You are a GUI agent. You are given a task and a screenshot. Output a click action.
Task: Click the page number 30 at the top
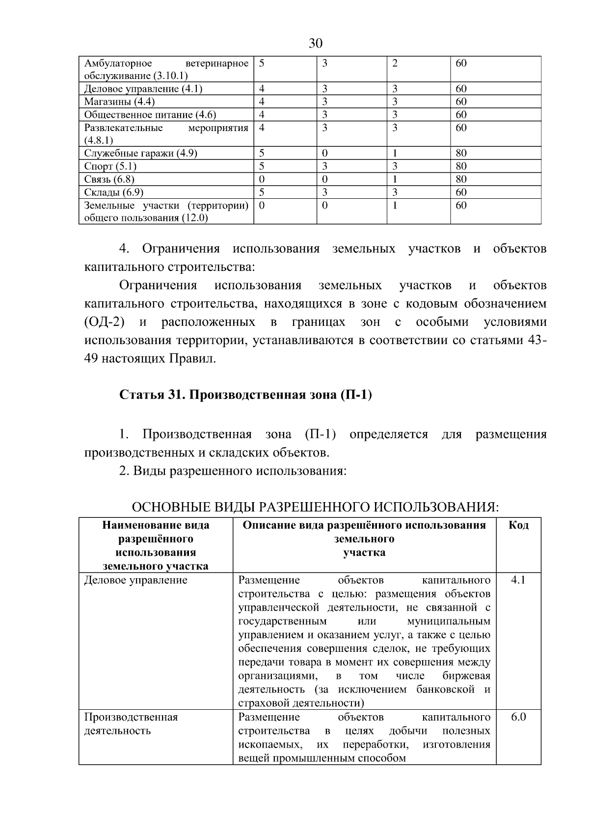(315, 44)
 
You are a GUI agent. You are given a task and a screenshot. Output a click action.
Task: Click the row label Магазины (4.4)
(119, 102)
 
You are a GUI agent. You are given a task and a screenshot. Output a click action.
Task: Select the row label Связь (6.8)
(109, 179)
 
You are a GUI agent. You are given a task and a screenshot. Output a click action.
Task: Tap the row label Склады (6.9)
(114, 192)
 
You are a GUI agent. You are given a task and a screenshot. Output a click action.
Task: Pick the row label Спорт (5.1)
(110, 166)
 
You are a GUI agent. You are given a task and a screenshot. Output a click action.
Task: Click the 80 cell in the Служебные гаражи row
(461, 154)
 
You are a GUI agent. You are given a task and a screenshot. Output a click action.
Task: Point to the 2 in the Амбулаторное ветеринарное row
(395, 63)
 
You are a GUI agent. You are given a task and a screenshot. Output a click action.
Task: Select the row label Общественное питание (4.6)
(150, 115)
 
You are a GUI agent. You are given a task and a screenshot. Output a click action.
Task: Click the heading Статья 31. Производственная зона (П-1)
(245, 395)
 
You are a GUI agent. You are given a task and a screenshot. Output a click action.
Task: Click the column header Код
(518, 525)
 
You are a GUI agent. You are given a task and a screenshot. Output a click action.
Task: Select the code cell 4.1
(518, 580)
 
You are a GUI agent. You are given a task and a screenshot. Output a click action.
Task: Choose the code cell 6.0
(518, 717)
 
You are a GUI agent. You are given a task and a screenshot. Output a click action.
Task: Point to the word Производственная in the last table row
(131, 717)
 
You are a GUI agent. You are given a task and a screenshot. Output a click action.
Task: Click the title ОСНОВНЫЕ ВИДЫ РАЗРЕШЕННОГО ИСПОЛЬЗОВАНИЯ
(315, 507)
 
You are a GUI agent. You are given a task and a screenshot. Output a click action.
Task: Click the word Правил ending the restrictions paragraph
(192, 359)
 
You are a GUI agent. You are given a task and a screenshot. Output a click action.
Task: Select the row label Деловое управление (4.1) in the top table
(143, 89)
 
